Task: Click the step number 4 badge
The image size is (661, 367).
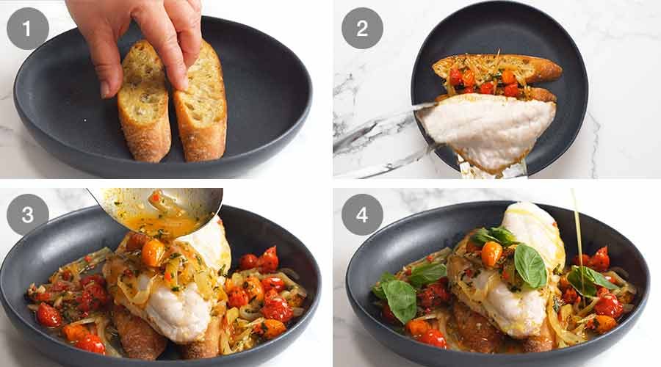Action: point(362,214)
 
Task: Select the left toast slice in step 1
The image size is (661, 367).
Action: point(144,103)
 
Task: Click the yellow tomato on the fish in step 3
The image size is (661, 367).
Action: point(153,252)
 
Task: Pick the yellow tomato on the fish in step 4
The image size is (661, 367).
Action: point(491,253)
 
